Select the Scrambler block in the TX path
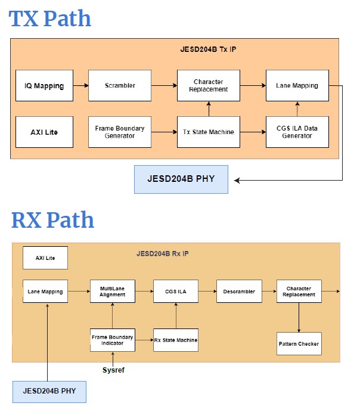120,85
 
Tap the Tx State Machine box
208,132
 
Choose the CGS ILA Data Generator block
297,132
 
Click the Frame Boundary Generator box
120,132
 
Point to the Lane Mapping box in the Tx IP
297,85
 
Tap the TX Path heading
50,18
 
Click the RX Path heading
52,220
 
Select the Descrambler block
239,292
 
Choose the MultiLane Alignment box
113,292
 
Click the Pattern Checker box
299,343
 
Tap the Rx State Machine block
176,340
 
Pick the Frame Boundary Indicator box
113,340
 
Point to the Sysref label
113,370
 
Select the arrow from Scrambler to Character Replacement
164,85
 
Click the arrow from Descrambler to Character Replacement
269,292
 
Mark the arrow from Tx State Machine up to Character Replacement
208,109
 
